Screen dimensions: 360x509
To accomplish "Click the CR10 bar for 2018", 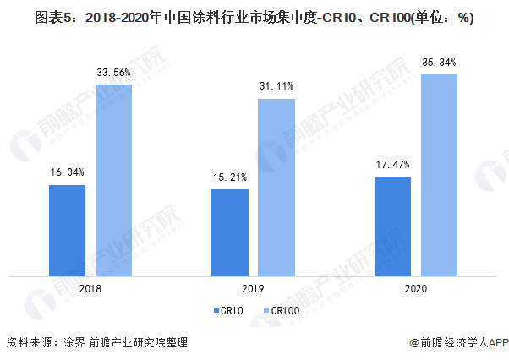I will (x=67, y=230).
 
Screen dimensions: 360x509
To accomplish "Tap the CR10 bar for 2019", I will (x=230, y=232).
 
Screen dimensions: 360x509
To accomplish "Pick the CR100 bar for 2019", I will (x=276, y=187).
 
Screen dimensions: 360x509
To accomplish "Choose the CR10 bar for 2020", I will (x=392, y=226).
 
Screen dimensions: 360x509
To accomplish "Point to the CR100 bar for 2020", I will (x=439, y=175).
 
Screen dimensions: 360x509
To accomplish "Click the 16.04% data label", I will (x=67, y=172).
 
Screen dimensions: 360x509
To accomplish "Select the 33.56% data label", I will (x=113, y=74).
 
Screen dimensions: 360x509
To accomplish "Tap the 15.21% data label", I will (x=230, y=177).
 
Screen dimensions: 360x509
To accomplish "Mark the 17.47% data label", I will (x=392, y=165).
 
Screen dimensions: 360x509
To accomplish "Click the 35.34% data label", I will (x=439, y=63).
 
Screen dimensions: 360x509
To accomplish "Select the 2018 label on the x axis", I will (x=90, y=289).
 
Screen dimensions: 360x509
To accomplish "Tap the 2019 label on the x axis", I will (x=253, y=289).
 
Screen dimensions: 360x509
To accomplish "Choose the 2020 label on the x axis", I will (x=415, y=289).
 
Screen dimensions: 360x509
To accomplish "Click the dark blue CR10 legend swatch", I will (x=216, y=311).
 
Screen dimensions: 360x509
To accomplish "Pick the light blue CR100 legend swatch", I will (x=263, y=311).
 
